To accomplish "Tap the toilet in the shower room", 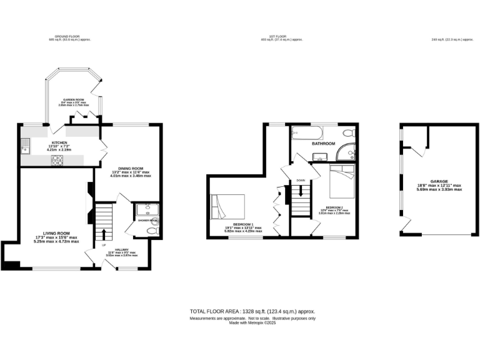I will coord(151,231).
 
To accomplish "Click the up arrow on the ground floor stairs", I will coord(104,236).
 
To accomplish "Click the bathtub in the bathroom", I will coord(306,133).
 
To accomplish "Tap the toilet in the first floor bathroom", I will coord(349,133).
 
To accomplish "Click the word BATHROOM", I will coord(323,144).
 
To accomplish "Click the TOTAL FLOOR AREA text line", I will coord(252,311).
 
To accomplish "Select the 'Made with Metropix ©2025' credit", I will coord(252,322).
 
